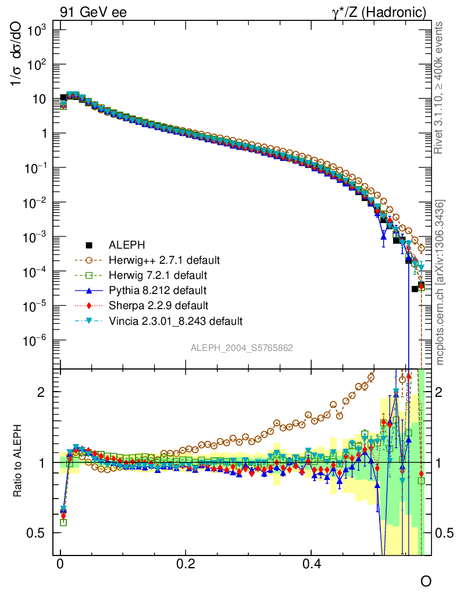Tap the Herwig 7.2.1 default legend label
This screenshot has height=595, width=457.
click(158, 275)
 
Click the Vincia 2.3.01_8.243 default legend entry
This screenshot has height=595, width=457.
click(175, 320)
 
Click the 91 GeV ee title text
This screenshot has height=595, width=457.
click(94, 12)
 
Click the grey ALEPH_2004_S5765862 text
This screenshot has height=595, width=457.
click(242, 348)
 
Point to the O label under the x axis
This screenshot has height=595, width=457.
click(426, 582)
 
